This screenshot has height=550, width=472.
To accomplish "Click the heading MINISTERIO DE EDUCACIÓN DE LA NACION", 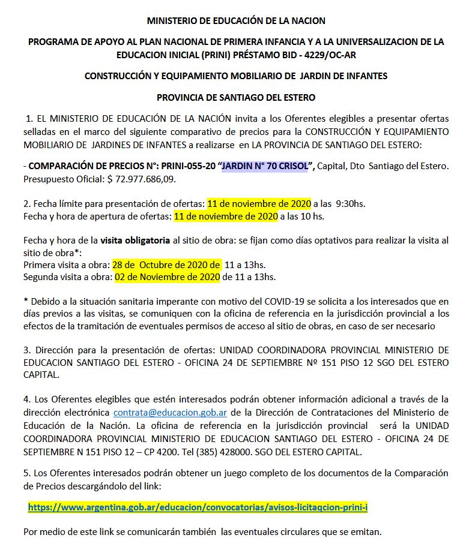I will pyautogui.click(x=236, y=20).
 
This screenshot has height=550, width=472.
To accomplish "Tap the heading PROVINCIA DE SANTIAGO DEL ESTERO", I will pyautogui.click(x=236, y=97).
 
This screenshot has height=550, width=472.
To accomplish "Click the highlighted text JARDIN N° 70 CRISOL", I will pyautogui.click(x=264, y=165).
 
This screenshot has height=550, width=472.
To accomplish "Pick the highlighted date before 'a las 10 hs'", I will pyautogui.click(x=225, y=216).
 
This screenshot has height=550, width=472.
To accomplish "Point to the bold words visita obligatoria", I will pyautogui.click(x=135, y=241).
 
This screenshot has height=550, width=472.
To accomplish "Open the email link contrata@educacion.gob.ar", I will pyautogui.click(x=170, y=413).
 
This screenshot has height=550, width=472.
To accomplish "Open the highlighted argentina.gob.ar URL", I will pyautogui.click(x=198, y=507).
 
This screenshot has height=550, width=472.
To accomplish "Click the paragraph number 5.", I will pyautogui.click(x=26, y=473).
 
